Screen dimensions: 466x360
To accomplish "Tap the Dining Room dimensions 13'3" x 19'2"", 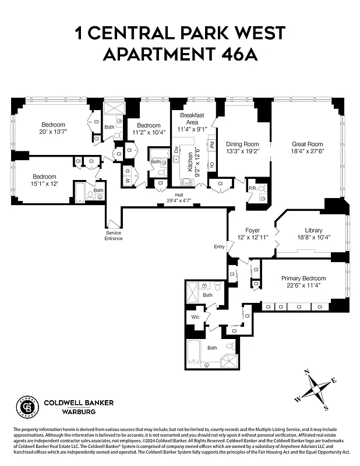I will (242, 151).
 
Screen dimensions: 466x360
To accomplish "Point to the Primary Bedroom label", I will (303, 278).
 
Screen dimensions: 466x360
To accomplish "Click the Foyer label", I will (252, 230).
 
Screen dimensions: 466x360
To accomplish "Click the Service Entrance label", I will (114, 235).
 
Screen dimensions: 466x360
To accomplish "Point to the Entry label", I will (219, 246).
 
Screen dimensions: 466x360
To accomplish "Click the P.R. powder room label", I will (252, 188).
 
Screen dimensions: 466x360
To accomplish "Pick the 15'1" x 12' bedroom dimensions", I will (44, 185).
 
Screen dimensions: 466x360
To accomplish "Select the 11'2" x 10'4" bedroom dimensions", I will (149, 133).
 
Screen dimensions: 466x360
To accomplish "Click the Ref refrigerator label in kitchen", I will (211, 144).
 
